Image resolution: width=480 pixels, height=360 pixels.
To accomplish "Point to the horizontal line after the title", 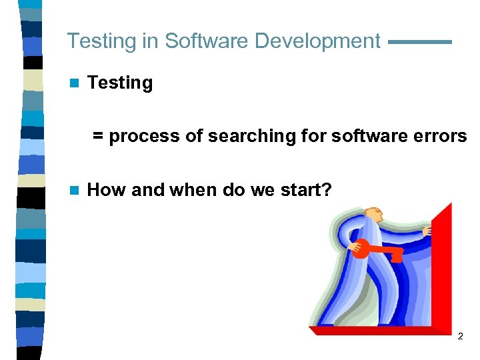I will (x=419, y=42).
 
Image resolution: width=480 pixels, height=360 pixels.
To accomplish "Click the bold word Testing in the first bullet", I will (x=120, y=83).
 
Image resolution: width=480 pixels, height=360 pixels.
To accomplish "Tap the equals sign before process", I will (x=98, y=137).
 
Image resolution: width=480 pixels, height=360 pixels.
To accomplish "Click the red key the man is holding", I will (x=377, y=251).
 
